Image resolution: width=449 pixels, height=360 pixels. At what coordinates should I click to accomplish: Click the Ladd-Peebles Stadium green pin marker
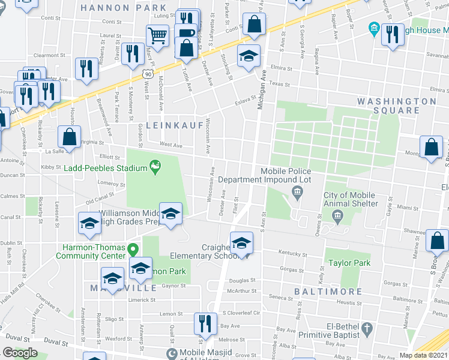(155, 165)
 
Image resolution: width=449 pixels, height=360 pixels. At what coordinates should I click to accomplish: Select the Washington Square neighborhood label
(397, 106)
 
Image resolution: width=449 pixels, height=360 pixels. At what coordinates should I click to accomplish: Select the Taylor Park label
(349, 263)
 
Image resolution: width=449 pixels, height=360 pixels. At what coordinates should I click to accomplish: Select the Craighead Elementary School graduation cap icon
(242, 242)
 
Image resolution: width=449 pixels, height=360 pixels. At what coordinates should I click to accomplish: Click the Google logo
(20, 353)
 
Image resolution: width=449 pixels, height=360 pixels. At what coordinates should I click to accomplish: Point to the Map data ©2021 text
(423, 355)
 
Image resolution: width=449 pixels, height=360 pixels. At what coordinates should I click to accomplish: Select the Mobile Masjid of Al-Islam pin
(172, 353)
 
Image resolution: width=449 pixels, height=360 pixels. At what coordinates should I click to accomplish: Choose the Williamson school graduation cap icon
(170, 214)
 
